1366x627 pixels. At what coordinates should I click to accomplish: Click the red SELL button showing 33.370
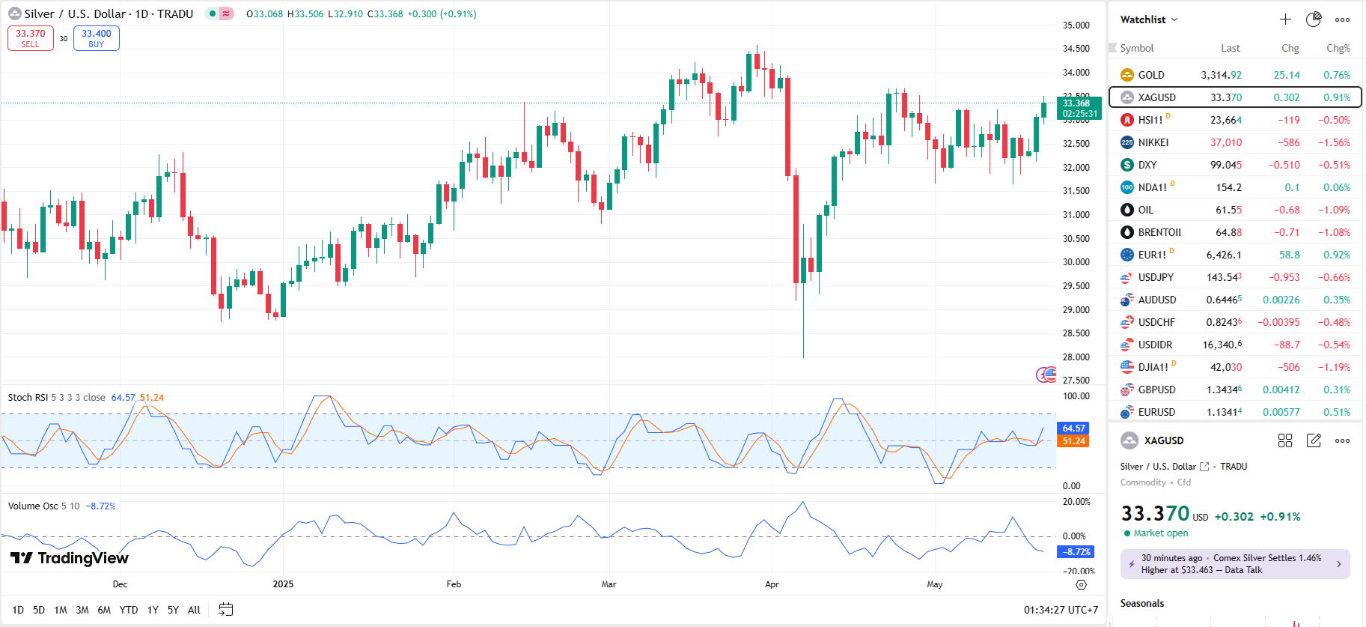pos(31,38)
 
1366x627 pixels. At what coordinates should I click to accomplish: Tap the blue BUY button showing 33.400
pos(97,38)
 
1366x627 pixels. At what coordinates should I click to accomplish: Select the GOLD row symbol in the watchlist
pos(1150,75)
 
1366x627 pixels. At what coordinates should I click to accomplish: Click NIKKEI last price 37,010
pos(1225,142)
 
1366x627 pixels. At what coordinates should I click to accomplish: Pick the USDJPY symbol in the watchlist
pos(1155,277)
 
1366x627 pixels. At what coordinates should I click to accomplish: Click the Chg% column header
pos(1338,48)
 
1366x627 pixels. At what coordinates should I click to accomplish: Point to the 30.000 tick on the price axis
pos(1076,262)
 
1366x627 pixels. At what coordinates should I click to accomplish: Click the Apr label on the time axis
pos(772,584)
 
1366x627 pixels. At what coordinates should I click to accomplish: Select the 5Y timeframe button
pos(173,610)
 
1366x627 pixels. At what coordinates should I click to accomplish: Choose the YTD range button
pos(129,610)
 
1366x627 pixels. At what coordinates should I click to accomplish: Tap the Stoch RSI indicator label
pos(28,398)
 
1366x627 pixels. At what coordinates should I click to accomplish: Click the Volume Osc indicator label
pos(33,506)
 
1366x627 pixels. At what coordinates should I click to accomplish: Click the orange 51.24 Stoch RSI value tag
pos(1073,441)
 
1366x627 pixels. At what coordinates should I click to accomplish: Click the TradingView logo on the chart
pos(70,558)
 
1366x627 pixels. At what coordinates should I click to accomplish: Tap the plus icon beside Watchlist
pos(1285,19)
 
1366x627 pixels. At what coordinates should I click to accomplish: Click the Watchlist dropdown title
pos(1148,19)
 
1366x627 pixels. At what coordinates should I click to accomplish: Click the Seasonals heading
pos(1141,604)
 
